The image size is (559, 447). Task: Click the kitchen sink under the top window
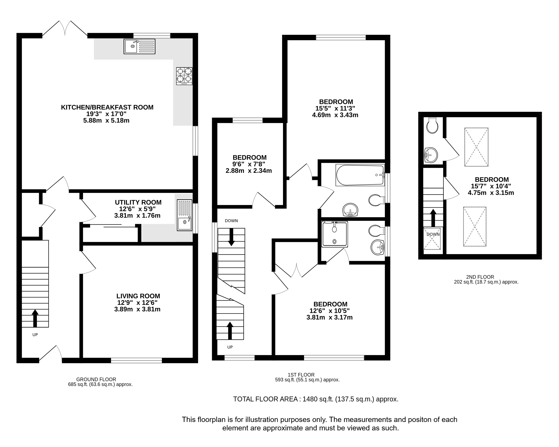pos(140,46)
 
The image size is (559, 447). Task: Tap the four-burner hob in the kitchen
pos(184,76)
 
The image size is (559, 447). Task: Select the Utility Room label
pos(138,202)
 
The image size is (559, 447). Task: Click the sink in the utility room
pos(185,215)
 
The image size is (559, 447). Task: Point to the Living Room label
pos(138,296)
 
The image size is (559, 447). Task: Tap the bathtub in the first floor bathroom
pos(360,175)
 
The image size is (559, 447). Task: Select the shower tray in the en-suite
pos(334,234)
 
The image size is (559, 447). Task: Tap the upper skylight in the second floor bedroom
pos(476,147)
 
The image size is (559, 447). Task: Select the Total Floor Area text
pos(316,399)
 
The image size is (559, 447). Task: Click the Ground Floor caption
pos(96,379)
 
